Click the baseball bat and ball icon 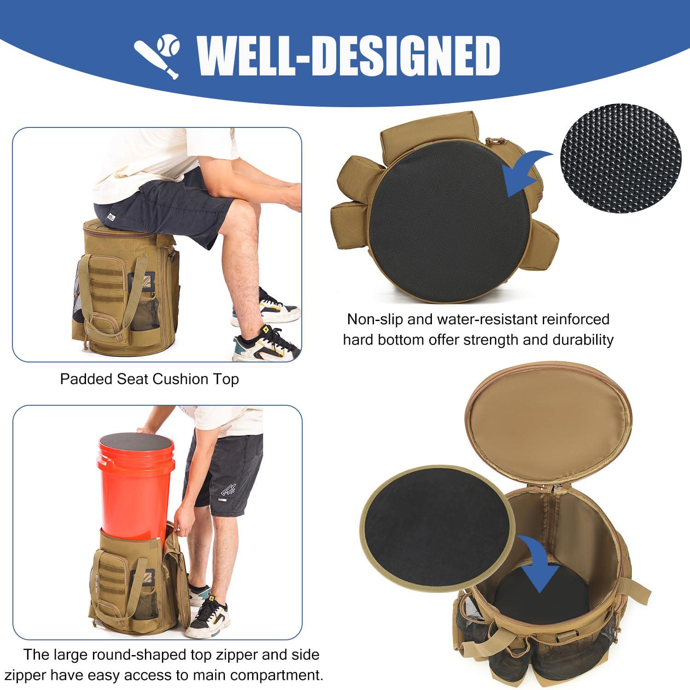point(156,57)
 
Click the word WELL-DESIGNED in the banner point(349,56)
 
